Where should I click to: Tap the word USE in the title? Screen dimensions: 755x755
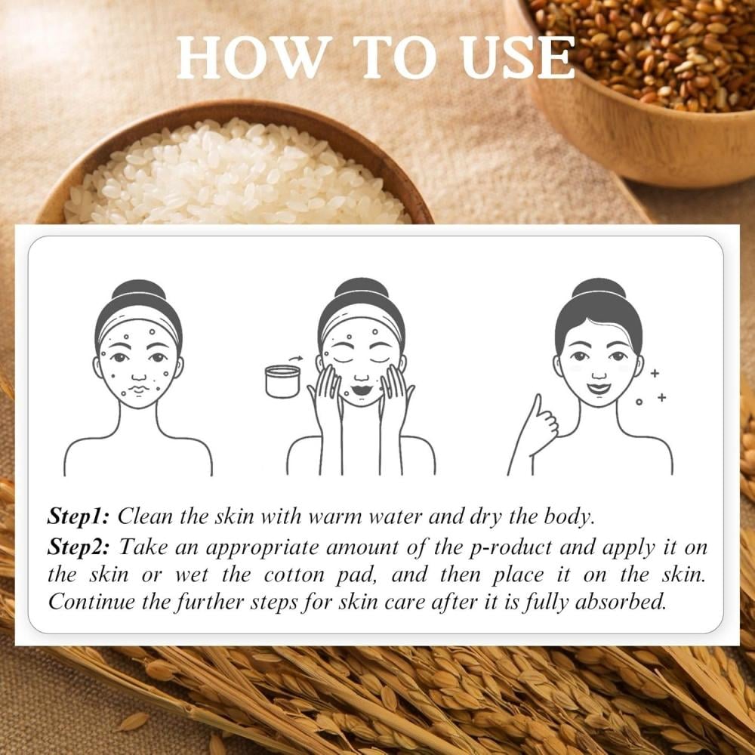[518, 57]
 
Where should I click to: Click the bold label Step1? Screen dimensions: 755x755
[79, 516]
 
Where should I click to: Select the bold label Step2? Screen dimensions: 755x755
[79, 547]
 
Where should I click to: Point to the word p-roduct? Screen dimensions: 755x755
[510, 548]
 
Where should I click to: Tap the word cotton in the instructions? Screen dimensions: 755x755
[294, 575]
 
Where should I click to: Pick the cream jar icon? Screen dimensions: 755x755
[282, 381]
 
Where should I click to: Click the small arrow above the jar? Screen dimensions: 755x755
[296, 358]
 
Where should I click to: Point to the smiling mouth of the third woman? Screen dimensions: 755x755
[599, 387]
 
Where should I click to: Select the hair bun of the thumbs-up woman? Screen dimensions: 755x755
[599, 289]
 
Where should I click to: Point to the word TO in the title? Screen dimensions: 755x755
[395, 57]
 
